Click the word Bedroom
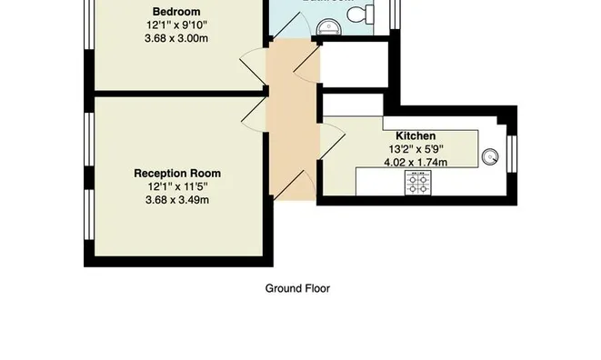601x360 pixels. [x=176, y=11]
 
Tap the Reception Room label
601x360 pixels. [x=176, y=173]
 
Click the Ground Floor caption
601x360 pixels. [x=296, y=289]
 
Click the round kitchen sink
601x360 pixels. [x=491, y=156]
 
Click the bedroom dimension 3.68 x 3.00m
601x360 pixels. [x=176, y=38]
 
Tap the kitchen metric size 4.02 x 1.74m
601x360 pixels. [x=416, y=163]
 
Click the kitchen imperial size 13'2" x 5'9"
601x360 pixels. [x=416, y=149]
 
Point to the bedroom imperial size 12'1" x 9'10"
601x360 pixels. [x=176, y=25]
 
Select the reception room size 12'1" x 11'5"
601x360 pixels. [x=176, y=186]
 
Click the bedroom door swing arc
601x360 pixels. [x=251, y=71]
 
